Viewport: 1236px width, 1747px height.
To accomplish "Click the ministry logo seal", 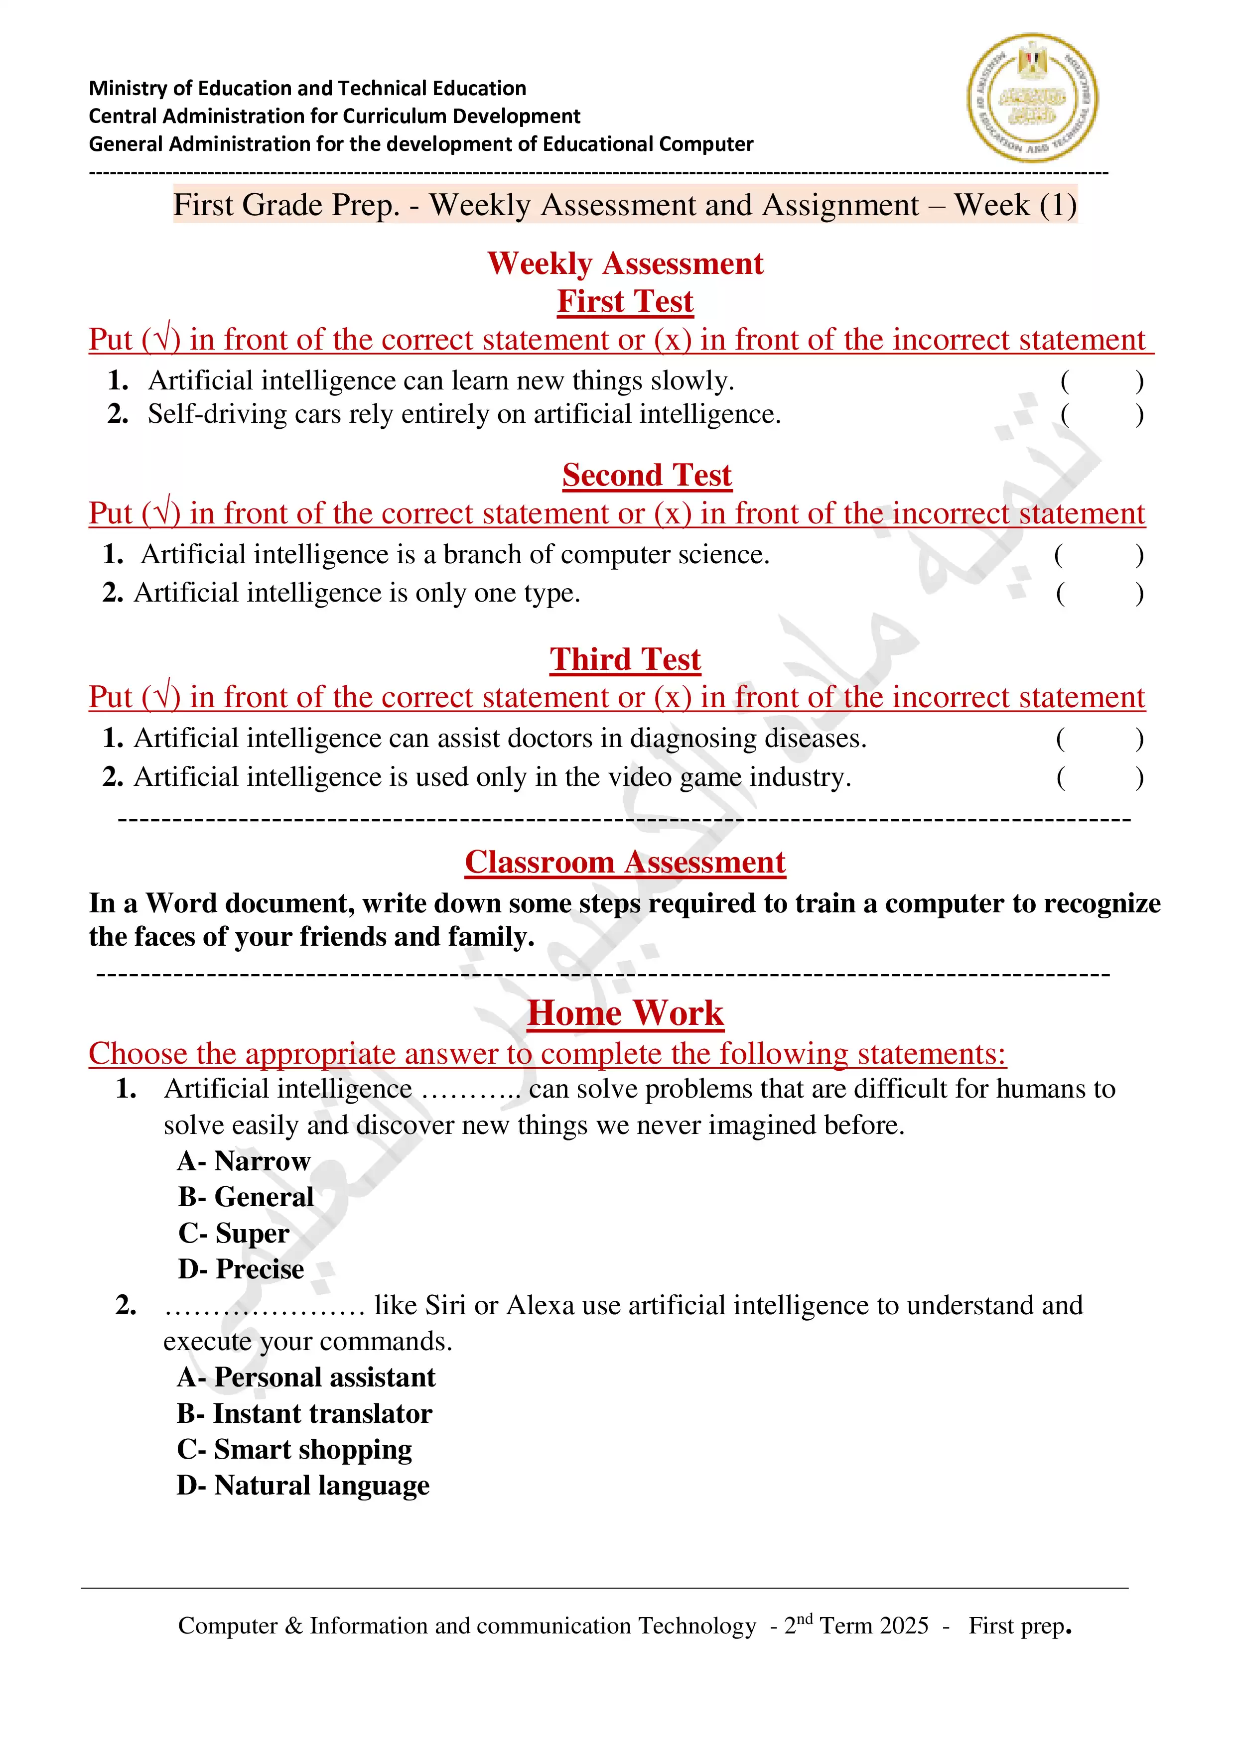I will (1032, 98).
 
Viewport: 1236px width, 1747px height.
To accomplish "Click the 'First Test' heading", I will (625, 301).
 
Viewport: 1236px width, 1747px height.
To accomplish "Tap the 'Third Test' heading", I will (625, 660).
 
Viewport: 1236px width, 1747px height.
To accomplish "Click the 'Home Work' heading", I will (625, 1013).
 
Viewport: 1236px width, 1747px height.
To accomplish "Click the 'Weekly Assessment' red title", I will (625, 264).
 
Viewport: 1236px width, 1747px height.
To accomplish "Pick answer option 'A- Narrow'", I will (244, 1161).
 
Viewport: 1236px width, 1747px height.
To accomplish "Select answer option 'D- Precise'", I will (241, 1269).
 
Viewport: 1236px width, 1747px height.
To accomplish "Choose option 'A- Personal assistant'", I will (306, 1377).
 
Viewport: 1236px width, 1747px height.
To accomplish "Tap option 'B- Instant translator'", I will (304, 1414).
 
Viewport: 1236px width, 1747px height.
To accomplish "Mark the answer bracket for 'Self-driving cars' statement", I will (1101, 415).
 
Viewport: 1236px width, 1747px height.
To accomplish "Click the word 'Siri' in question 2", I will (445, 1306).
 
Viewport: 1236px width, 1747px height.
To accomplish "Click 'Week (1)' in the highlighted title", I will (1015, 206).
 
